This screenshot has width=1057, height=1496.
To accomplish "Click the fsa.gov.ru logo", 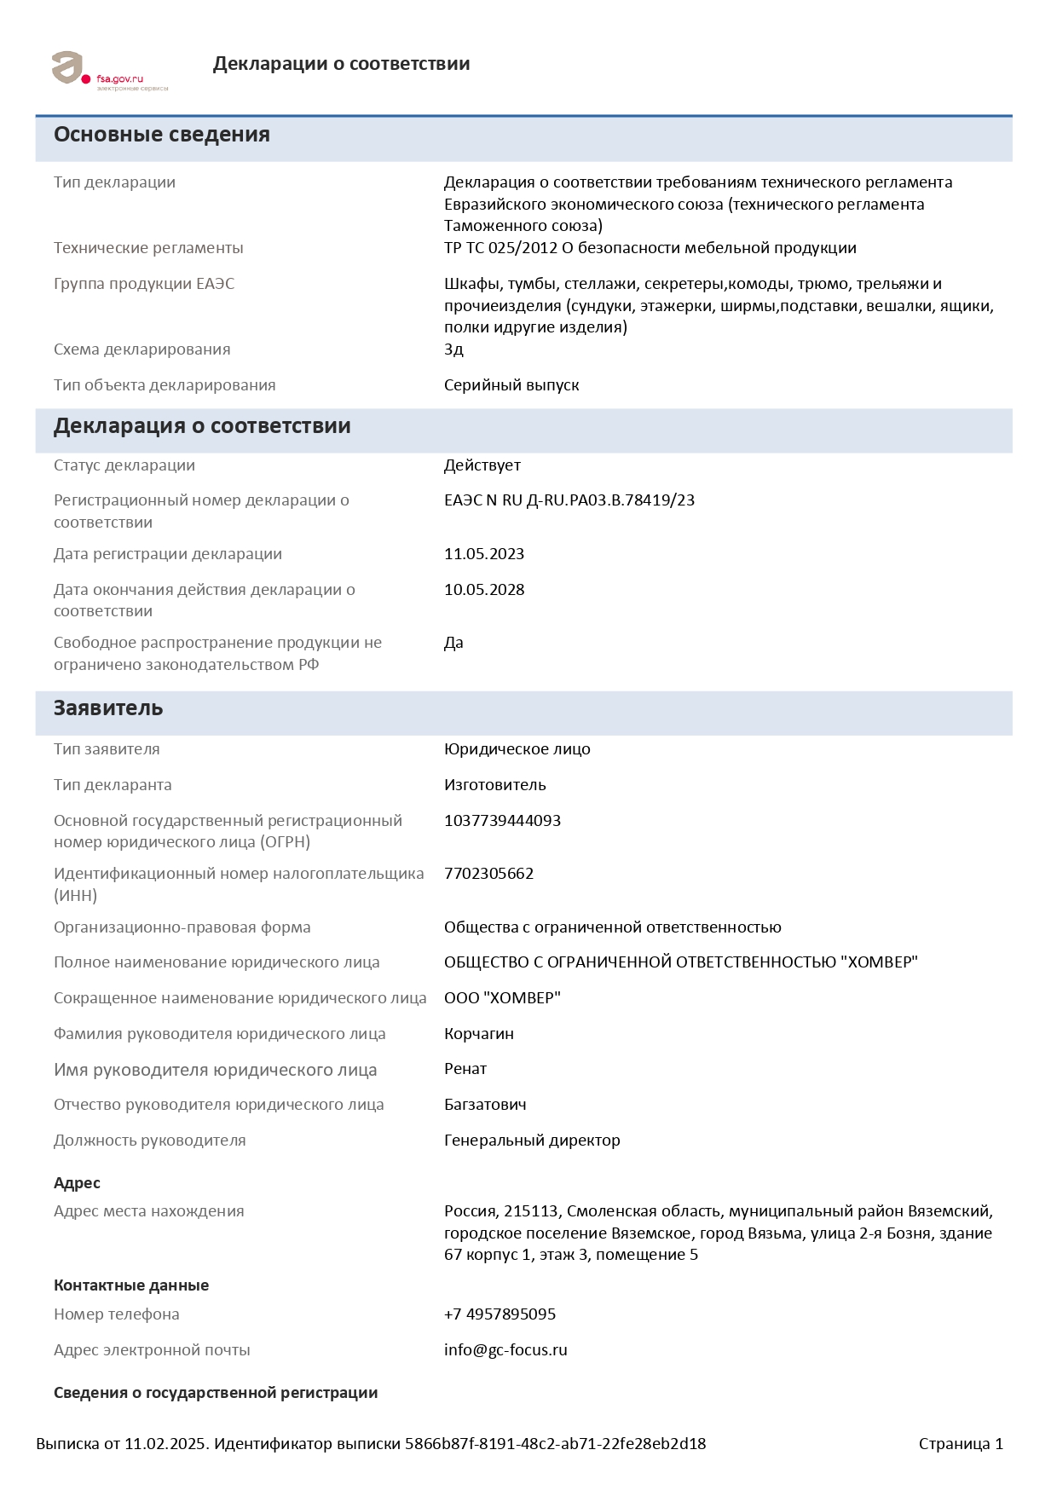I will point(109,71).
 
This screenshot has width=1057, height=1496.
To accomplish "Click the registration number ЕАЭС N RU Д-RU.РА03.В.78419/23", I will point(569,500).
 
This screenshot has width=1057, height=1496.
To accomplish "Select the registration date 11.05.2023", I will point(483,554).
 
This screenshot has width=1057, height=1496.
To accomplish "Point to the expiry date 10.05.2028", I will point(483,590).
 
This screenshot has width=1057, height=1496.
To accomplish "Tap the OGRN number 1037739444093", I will point(502,821).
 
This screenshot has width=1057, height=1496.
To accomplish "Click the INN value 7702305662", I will point(488,874).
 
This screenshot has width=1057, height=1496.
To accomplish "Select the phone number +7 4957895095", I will point(500,1314).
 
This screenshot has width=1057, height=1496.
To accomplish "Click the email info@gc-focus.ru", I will point(505,1350).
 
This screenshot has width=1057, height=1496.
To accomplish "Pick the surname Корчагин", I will point(478,1034).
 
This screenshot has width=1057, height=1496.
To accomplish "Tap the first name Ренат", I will point(465,1069).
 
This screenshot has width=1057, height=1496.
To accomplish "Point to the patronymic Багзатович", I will point(485,1105).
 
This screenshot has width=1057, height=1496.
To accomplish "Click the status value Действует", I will point(482,465).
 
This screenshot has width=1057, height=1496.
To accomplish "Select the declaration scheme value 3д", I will point(453,349).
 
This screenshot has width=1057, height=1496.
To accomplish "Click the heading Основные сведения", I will point(162,135).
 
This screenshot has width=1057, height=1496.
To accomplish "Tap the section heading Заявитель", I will point(108,708).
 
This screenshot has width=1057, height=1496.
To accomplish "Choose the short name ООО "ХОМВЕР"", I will point(502,998).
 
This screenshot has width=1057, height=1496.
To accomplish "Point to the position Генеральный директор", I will point(532,1141).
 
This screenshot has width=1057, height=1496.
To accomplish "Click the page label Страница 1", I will point(961,1444).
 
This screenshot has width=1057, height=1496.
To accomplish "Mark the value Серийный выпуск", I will point(511,385).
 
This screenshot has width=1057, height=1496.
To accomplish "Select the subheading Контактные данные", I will point(131,1285).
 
